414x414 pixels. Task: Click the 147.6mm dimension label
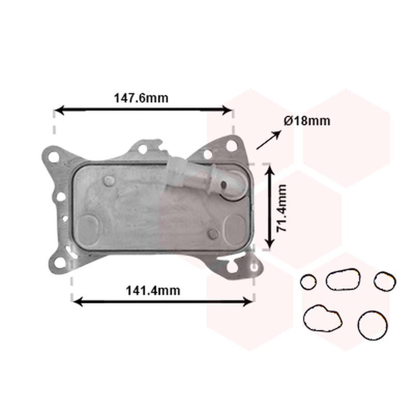point(141,98)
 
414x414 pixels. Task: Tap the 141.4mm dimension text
point(153,291)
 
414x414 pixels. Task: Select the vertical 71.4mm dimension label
point(282,209)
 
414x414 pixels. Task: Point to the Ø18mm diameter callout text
point(307,121)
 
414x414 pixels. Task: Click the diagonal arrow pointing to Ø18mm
point(269,140)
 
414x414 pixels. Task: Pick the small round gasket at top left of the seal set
point(308,282)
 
